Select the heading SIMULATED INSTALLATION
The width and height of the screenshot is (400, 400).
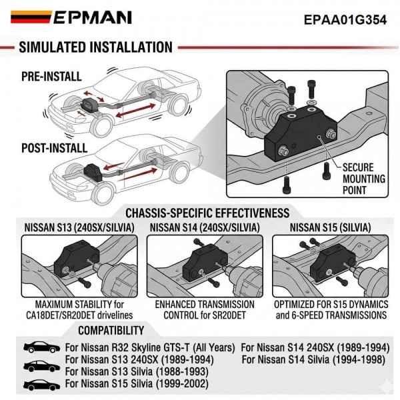pos(95,47)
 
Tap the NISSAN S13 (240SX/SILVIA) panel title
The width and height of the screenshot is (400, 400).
pos(79,228)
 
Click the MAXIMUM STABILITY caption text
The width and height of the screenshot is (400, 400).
pos(79,309)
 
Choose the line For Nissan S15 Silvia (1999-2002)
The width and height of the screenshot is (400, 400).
pos(136,384)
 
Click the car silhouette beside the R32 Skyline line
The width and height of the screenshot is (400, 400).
pos(41,348)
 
